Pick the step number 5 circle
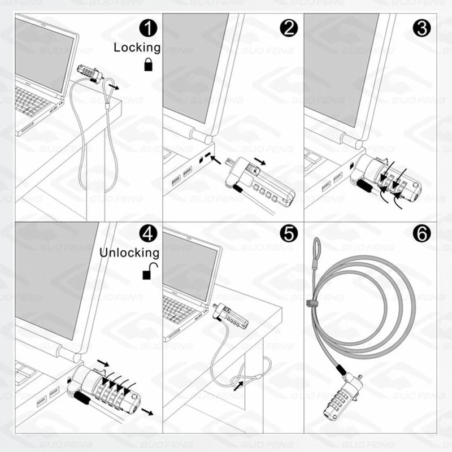[x=289, y=233]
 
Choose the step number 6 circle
[x=421, y=233]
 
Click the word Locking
[x=137, y=47]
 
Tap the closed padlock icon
[x=149, y=64]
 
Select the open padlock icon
[x=149, y=273]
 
